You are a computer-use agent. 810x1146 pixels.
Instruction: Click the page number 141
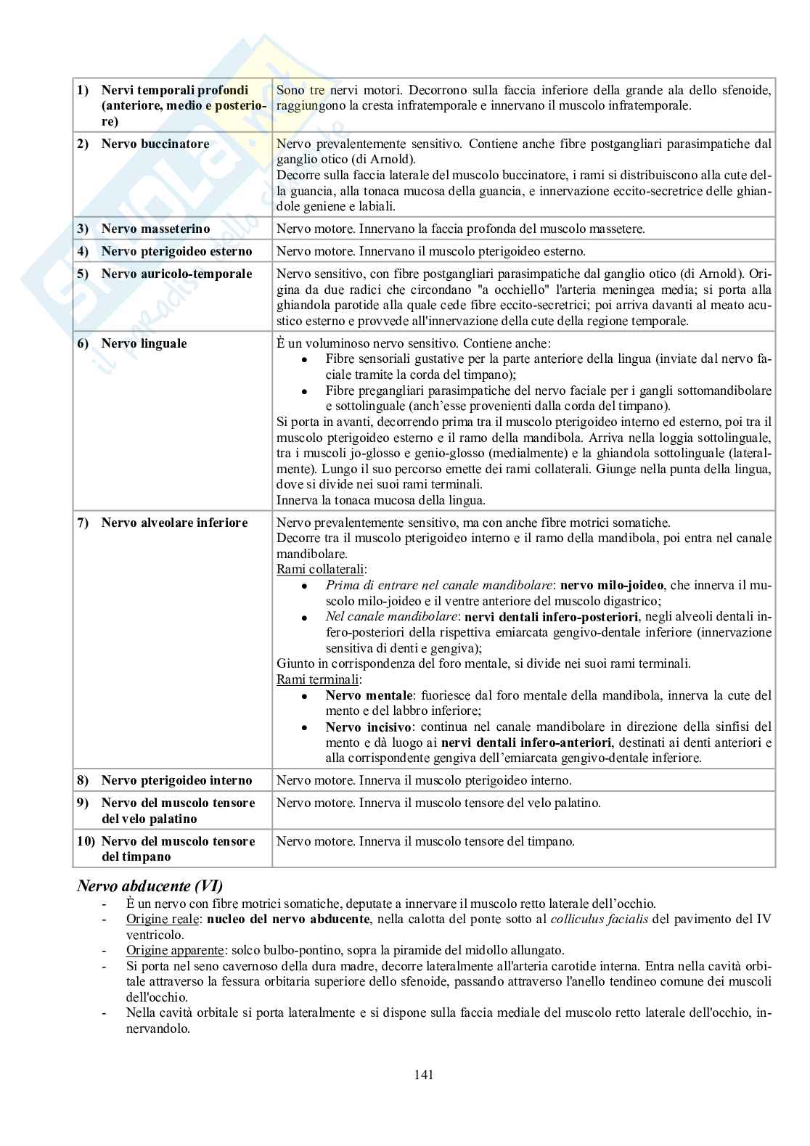pyautogui.click(x=424, y=1075)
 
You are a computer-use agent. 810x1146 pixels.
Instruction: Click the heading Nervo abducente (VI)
pyautogui.click(x=150, y=885)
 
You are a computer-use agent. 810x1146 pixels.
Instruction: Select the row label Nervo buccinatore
pyautogui.click(x=155, y=144)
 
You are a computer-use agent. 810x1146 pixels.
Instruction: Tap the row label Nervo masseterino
pyautogui.click(x=155, y=229)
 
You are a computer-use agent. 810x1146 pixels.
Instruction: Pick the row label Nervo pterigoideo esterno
pyautogui.click(x=176, y=251)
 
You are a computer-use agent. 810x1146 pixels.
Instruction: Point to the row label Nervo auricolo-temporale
pyautogui.click(x=176, y=274)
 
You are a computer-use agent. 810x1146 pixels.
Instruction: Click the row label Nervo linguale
pyautogui.click(x=144, y=343)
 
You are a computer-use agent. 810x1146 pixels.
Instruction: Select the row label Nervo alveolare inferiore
pyautogui.click(x=174, y=523)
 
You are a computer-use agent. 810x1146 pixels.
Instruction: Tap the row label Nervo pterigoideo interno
pyautogui.click(x=176, y=780)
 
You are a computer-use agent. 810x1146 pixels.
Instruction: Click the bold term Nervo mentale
pyautogui.click(x=369, y=695)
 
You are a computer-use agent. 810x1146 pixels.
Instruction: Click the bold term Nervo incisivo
pyautogui.click(x=369, y=727)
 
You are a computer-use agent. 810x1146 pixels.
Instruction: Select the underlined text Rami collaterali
pyautogui.click(x=320, y=569)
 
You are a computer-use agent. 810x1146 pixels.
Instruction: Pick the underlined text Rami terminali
pyautogui.click(x=317, y=679)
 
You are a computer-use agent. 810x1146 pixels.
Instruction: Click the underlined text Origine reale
pyautogui.click(x=162, y=919)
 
